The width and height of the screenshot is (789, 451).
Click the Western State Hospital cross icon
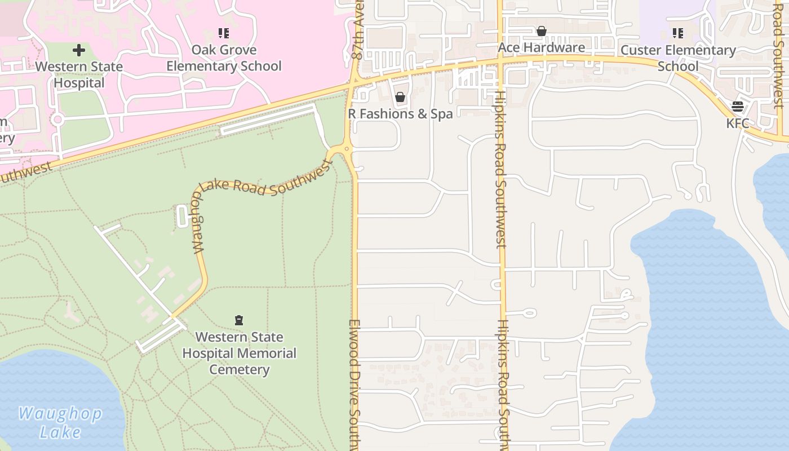click(79, 50)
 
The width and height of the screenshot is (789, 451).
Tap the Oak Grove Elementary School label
click(224, 58)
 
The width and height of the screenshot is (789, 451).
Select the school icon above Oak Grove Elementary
click(224, 33)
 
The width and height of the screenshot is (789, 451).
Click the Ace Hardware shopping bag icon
click(542, 31)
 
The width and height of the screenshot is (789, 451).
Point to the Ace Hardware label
click(542, 47)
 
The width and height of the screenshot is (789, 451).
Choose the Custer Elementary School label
click(678, 58)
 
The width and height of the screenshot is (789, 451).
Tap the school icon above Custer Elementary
click(678, 33)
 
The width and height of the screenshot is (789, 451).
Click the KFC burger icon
click(738, 107)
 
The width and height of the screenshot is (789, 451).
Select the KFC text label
click(738, 123)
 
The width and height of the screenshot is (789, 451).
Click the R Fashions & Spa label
click(400, 114)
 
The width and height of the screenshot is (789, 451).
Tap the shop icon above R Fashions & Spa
click(400, 98)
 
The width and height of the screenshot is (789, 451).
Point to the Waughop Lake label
click(60, 423)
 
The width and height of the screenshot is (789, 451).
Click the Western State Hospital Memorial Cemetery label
click(239, 353)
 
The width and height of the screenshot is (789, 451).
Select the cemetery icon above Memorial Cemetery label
click(239, 321)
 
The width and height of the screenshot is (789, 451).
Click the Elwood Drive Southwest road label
click(354, 383)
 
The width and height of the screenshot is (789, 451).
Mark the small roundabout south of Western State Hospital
click(57, 120)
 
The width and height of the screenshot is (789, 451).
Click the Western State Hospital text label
click(79, 74)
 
